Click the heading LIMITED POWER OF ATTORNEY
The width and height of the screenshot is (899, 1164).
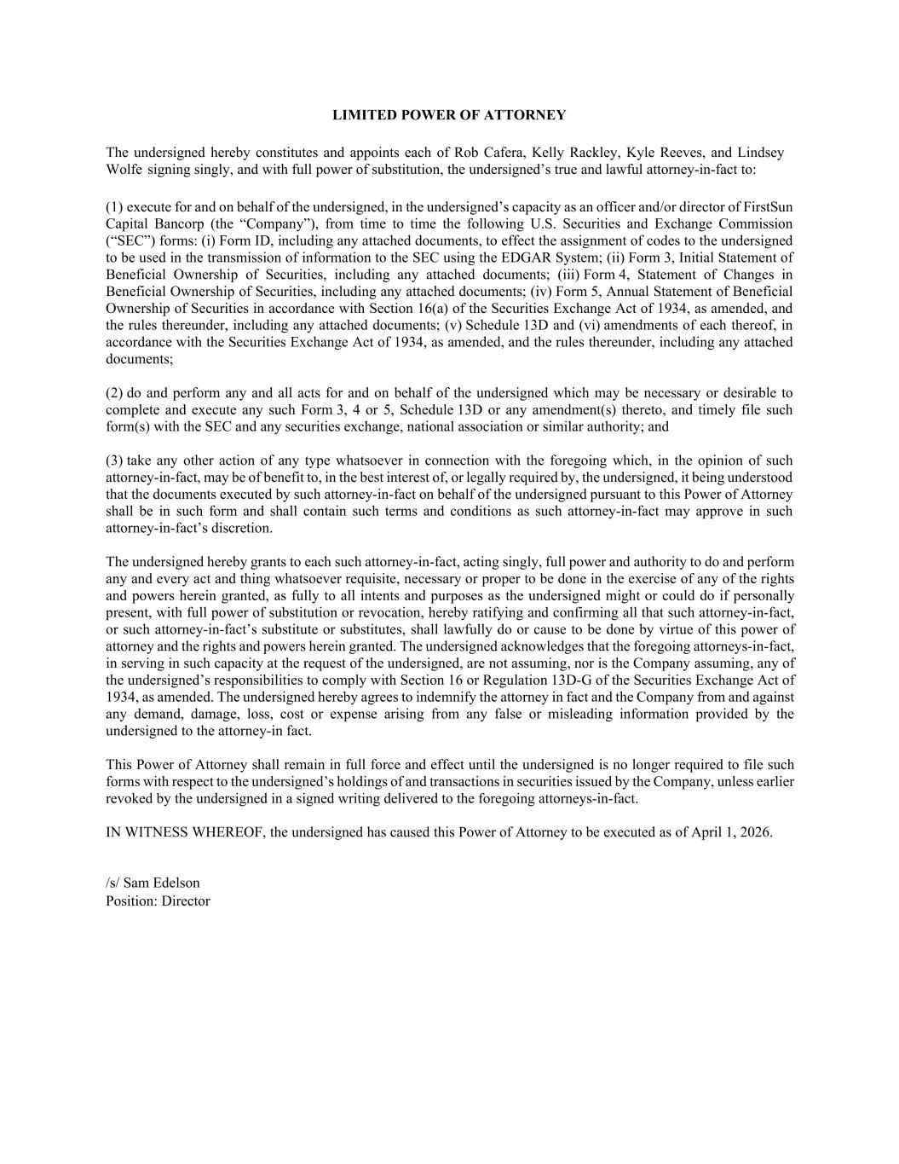pyautogui.click(x=448, y=115)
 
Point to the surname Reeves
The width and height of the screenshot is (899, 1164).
pyautogui.click(x=682, y=153)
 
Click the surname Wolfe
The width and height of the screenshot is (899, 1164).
pyautogui.click(x=124, y=170)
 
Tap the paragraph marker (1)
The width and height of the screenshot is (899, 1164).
pyautogui.click(x=114, y=207)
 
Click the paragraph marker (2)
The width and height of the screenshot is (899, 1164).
pyautogui.click(x=114, y=393)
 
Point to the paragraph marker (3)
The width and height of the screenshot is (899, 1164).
pyautogui.click(x=114, y=461)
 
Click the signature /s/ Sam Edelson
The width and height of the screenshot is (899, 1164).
pyautogui.click(x=153, y=883)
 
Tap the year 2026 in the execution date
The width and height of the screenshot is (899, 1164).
pyautogui.click(x=755, y=833)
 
